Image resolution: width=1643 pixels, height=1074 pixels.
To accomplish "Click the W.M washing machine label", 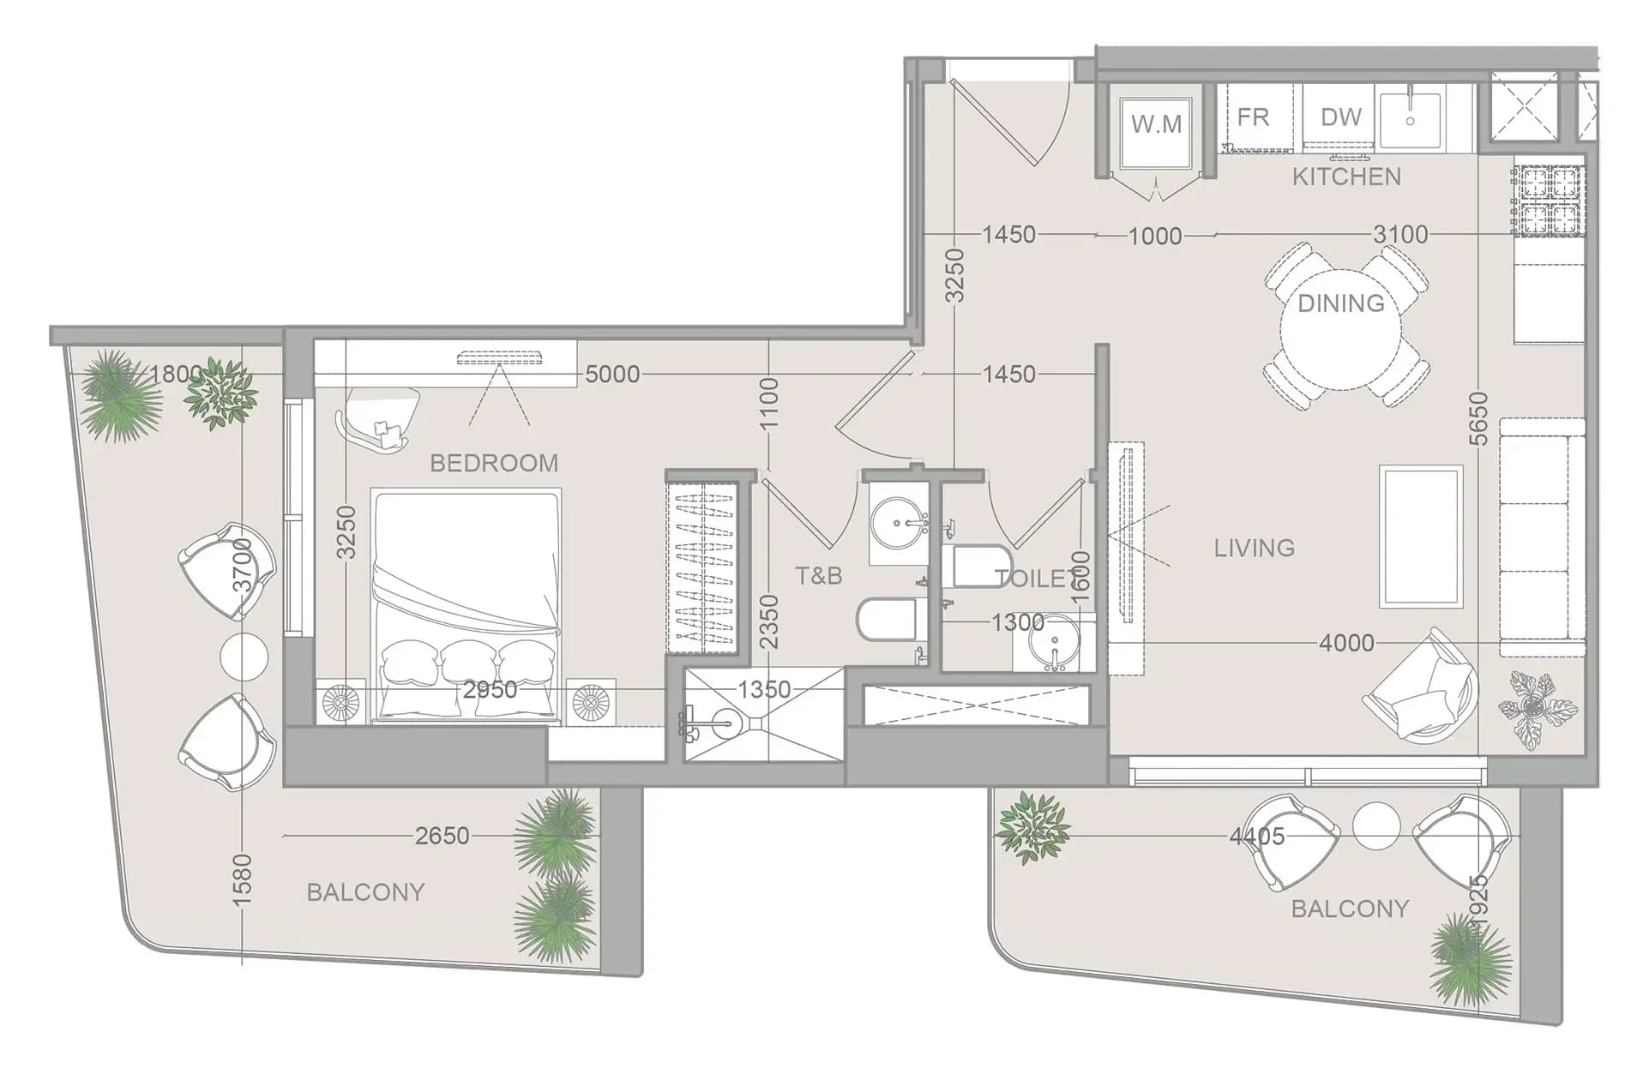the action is pos(1156,124).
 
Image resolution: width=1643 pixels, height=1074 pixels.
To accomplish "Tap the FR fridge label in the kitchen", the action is pos(1253,117).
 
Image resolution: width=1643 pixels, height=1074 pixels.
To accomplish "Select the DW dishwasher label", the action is pos(1341,117).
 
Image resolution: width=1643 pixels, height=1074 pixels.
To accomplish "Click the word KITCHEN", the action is pos(1346,177).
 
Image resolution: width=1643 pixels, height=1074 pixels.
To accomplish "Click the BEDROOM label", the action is pos(494,463).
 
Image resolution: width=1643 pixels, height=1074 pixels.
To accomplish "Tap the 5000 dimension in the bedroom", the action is pos(612,374).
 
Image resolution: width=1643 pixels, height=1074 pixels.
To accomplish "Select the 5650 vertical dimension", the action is pos(1479,419).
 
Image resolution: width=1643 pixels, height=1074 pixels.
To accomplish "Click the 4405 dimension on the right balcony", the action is pos(1257,836).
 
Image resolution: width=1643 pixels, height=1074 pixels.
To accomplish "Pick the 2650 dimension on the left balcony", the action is pos(442,836).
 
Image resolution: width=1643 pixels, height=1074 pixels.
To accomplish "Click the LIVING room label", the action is pos(1254,548).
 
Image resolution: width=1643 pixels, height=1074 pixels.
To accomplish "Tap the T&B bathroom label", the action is pos(819,575).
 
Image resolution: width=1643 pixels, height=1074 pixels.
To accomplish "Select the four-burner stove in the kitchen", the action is pos(1549,201).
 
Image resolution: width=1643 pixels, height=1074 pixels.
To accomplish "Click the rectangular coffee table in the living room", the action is pos(1421,537).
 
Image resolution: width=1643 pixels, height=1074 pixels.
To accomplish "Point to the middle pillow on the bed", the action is pos(467,662).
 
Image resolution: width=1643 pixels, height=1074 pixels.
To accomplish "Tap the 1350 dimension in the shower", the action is pos(764,689).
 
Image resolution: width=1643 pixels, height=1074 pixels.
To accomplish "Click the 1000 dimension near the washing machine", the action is pos(1155,236).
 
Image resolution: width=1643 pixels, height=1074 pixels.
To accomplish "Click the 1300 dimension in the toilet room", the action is pos(1018,622).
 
